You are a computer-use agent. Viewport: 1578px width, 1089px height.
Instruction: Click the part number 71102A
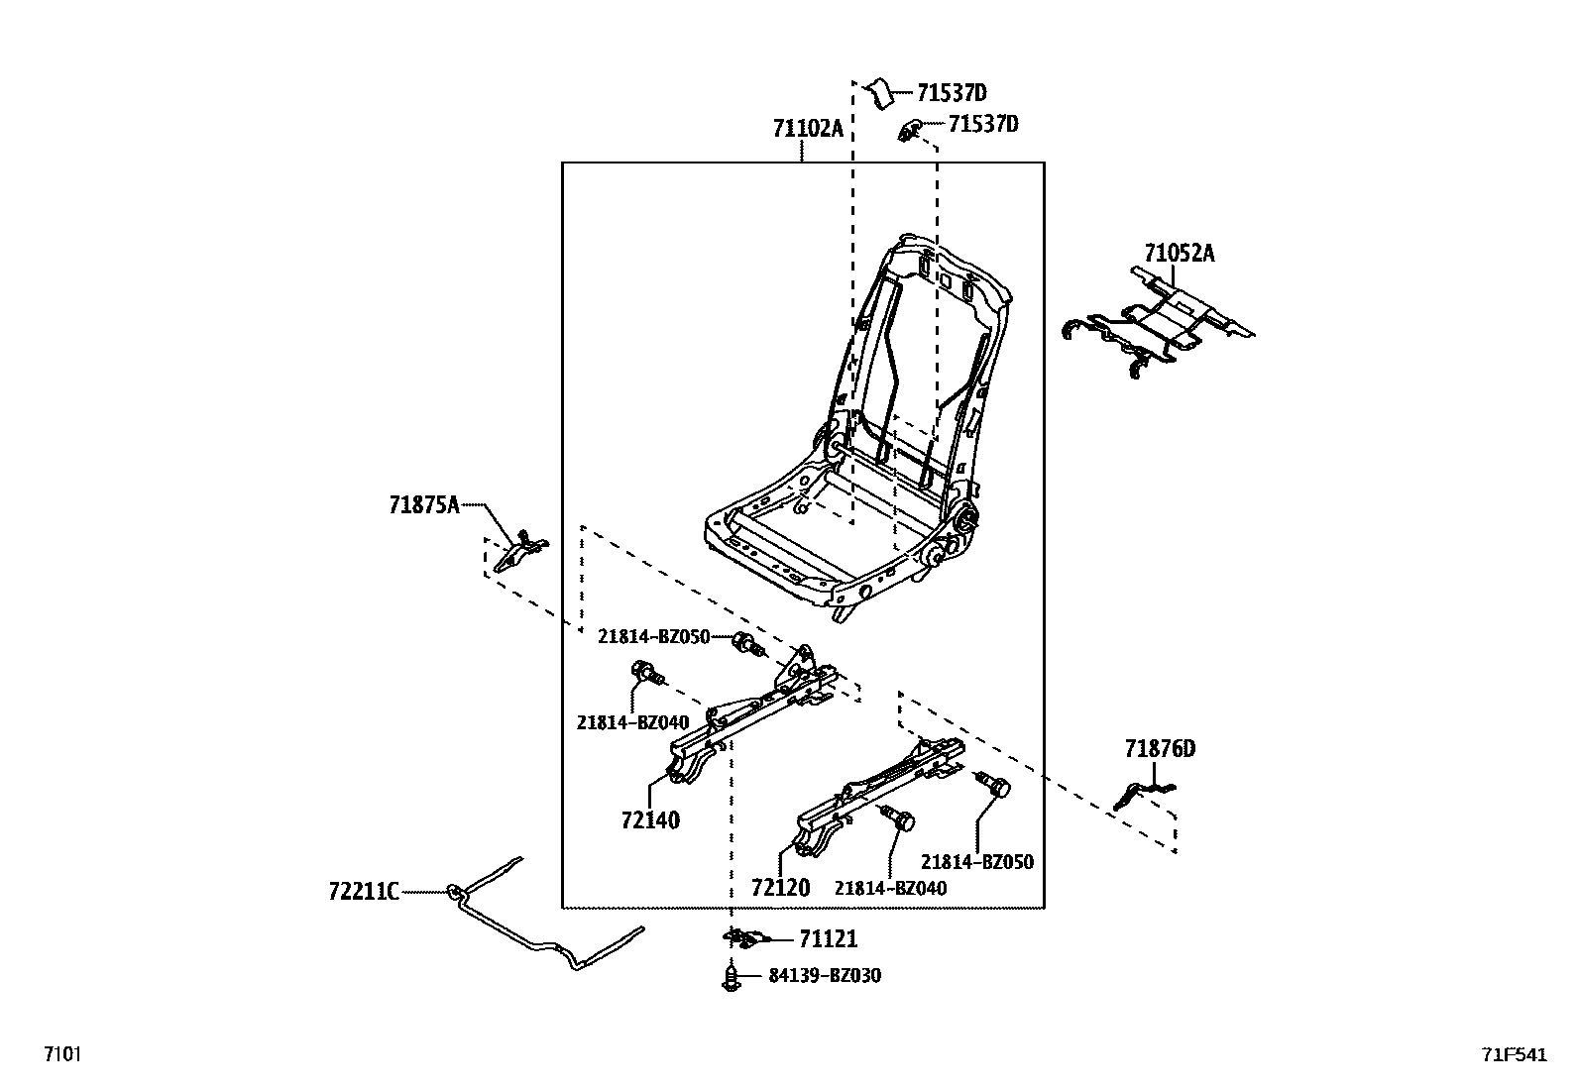point(807,129)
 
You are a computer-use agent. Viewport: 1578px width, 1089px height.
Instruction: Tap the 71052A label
point(1180,253)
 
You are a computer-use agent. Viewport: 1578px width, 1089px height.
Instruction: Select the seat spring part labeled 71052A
point(1159,321)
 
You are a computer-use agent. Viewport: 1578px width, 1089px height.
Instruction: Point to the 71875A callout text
point(424,505)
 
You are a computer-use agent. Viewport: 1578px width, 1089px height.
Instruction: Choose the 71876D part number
point(1160,749)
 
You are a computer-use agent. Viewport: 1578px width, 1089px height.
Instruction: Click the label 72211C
point(364,892)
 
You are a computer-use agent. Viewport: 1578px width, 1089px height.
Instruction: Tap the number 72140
point(650,820)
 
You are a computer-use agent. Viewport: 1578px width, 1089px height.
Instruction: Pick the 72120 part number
point(780,888)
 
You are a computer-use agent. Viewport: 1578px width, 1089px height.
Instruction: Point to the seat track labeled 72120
point(880,796)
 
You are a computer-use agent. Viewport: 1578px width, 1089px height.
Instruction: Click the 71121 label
point(829,939)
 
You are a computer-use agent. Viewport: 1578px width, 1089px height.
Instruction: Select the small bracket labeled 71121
point(744,938)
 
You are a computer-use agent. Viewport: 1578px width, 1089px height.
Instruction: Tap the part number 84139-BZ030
point(825,976)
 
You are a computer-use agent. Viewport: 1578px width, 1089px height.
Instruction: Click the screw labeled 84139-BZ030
point(732,979)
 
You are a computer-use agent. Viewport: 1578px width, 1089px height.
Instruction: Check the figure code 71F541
point(1515,1054)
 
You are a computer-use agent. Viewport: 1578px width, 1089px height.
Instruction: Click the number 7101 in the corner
point(62,1053)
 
